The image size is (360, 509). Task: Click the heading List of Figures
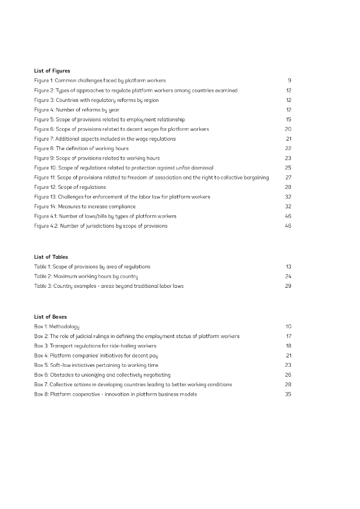(52, 71)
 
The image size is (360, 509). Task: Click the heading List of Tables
(51, 257)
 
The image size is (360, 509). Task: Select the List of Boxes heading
(50, 317)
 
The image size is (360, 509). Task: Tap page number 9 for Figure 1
(289, 81)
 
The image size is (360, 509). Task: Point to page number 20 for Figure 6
(288, 129)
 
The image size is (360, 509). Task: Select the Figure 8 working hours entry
(81, 149)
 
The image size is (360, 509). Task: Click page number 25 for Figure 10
(288, 168)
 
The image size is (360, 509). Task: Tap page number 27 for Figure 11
(288, 177)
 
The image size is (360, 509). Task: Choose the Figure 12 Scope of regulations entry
(70, 187)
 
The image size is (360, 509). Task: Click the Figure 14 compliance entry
(85, 207)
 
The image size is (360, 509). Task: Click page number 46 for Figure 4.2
(288, 226)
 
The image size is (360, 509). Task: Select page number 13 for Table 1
(288, 267)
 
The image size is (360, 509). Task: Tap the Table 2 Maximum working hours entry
(86, 276)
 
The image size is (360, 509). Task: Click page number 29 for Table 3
(288, 286)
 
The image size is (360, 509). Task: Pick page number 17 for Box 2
(288, 337)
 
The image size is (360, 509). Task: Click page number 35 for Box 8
(288, 395)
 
